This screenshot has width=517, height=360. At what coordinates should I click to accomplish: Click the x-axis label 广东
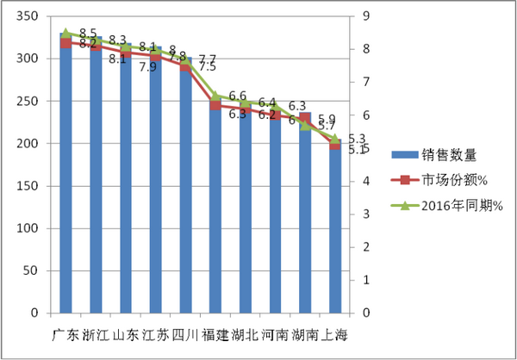click(x=65, y=333)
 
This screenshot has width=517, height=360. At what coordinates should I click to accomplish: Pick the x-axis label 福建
click(x=215, y=333)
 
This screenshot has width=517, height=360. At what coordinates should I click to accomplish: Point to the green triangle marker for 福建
click(x=215, y=96)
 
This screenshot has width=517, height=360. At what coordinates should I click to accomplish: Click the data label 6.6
click(x=238, y=96)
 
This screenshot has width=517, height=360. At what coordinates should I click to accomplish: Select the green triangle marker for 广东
click(x=65, y=33)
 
